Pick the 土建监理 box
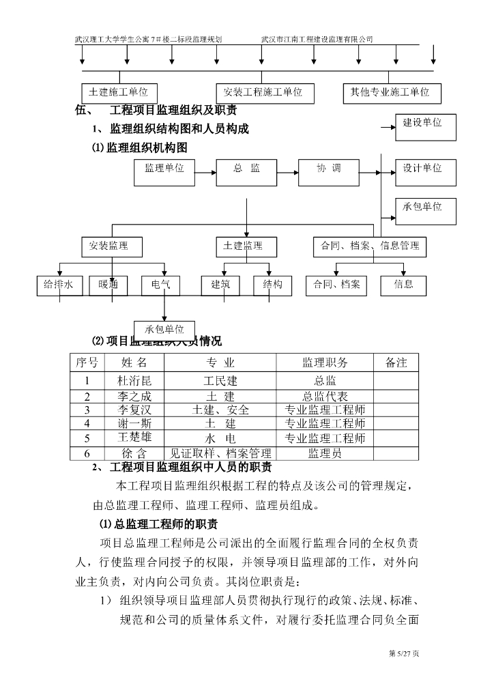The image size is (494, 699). click(x=243, y=246)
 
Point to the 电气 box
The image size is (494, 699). click(x=161, y=285)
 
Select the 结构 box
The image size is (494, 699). click(x=273, y=285)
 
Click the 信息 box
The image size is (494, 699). click(x=403, y=285)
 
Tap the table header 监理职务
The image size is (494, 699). click(x=325, y=362)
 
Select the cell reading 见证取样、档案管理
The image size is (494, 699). click(x=221, y=453)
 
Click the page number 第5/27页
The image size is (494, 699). click(x=404, y=654)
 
